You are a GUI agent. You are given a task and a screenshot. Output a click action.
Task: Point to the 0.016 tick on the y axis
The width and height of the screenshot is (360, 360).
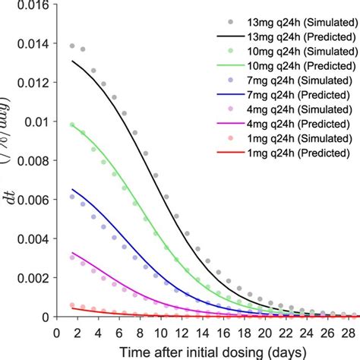tap(56, 3)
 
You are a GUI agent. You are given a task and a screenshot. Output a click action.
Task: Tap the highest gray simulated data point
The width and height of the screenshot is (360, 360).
tap(72, 46)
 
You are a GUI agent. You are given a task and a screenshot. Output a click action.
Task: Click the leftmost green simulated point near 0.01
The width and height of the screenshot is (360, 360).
tap(72, 125)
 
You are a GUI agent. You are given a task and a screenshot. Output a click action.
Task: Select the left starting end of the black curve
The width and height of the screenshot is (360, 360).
tap(72, 61)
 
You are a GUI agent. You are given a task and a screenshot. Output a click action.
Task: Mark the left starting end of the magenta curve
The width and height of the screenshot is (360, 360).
tap(72, 252)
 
